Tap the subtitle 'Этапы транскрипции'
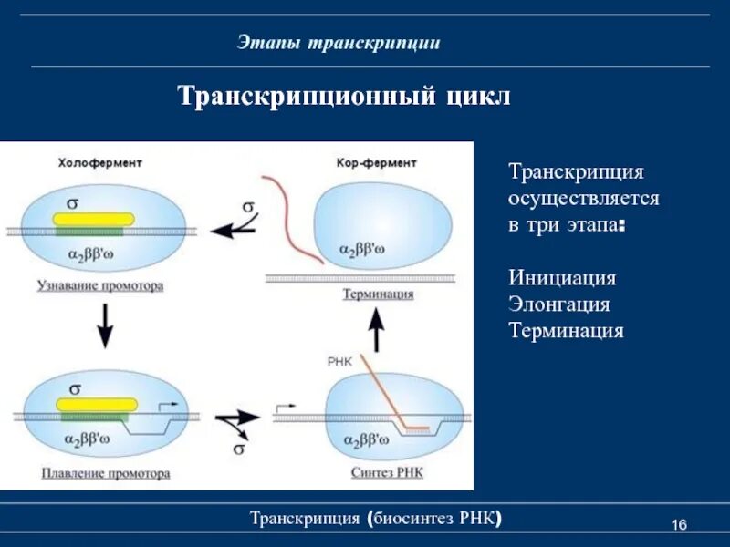[339, 43]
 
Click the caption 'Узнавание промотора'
[100, 285]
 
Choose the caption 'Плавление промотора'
[105, 473]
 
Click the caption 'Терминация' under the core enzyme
[378, 294]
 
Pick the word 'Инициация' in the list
[562, 277]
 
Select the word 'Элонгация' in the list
[559, 304]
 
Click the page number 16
[679, 524]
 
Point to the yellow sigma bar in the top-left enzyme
[94, 219]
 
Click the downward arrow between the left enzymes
[105, 325]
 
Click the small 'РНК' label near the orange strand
[339, 362]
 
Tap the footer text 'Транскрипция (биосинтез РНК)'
[376, 519]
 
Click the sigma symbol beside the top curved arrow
[248, 207]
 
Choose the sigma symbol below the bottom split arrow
[239, 449]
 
